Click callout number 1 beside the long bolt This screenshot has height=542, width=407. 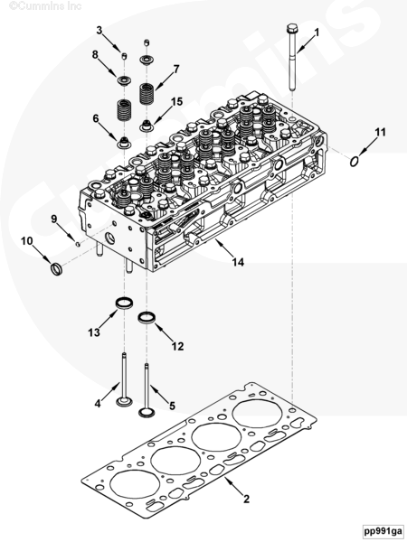pyautogui.click(x=317, y=33)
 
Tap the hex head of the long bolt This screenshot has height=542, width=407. pyautogui.click(x=292, y=28)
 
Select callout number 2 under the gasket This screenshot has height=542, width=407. pyautogui.click(x=246, y=499)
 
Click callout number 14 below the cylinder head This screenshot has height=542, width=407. pyautogui.click(x=238, y=262)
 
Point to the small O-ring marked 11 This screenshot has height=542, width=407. pyautogui.click(x=354, y=162)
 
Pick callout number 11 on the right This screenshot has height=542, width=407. pyautogui.click(x=380, y=132)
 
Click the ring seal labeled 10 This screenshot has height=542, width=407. pyautogui.click(x=57, y=269)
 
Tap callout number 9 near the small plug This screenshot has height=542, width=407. pyautogui.click(x=53, y=219)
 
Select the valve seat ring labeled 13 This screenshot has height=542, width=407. pyautogui.click(x=124, y=303)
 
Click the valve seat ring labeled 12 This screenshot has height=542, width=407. pyautogui.click(x=147, y=318)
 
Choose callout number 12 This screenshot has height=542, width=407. pyautogui.click(x=177, y=346)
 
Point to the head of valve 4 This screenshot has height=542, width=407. pyautogui.click(x=124, y=403)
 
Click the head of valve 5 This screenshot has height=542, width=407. pyautogui.click(x=147, y=413)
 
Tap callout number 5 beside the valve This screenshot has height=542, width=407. pyautogui.click(x=172, y=406)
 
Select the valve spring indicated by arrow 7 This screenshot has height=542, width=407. pyautogui.click(x=147, y=93)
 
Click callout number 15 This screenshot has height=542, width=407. pyautogui.click(x=176, y=102)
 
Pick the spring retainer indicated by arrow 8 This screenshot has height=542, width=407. pyautogui.click(x=124, y=81)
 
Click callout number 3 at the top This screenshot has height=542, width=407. pyautogui.click(x=99, y=31)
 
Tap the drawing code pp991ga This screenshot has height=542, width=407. pyautogui.click(x=383, y=530)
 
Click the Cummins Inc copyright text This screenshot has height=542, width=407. pyautogui.click(x=45, y=5)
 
